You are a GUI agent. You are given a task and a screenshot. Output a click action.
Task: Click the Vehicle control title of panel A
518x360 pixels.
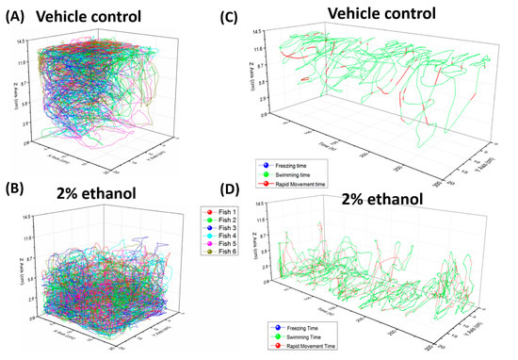tap(89, 16)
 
